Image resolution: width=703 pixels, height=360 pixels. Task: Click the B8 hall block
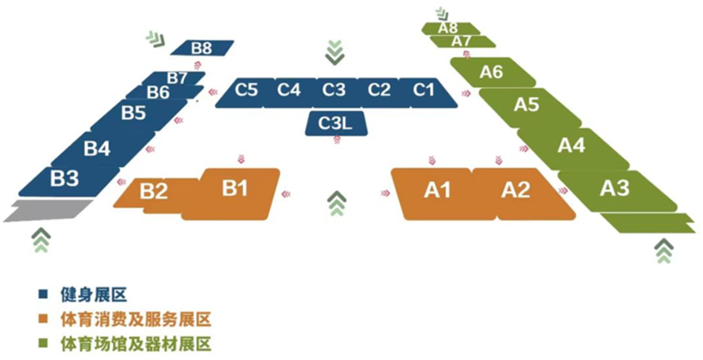pyautogui.click(x=202, y=48)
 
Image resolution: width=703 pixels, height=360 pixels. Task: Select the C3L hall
pyautogui.click(x=336, y=123)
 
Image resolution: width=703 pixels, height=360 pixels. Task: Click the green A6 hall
pyautogui.click(x=492, y=72)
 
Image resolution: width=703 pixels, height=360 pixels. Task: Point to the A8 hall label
pyautogui.click(x=448, y=28)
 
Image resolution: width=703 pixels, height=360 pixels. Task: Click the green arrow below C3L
pyautogui.click(x=337, y=203)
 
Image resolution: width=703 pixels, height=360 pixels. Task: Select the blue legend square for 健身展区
pyautogui.click(x=44, y=294)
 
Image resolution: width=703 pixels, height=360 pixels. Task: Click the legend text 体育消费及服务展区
pyautogui.click(x=136, y=320)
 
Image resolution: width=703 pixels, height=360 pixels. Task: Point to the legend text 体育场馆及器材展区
pyautogui.click(x=136, y=344)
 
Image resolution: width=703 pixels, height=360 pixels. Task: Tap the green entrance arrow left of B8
pyautogui.click(x=156, y=38)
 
